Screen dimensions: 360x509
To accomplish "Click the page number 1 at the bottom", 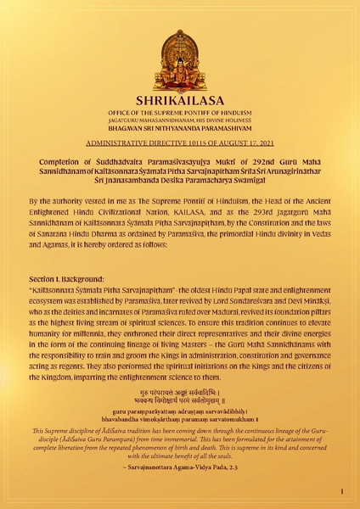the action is [x=340, y=491].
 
